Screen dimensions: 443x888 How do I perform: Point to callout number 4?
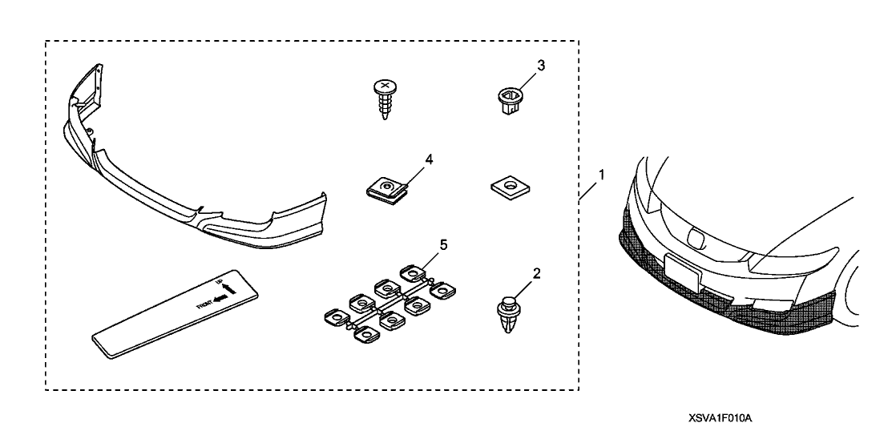coord(429,159)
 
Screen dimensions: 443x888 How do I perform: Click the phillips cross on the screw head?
coord(385,85)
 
